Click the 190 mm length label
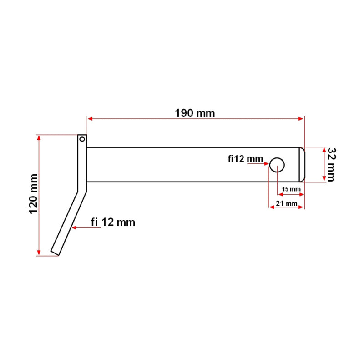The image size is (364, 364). [x=195, y=113]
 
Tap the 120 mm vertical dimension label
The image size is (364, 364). [x=33, y=194]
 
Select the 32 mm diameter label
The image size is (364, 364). [x=331, y=165]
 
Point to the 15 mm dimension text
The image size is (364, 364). [x=291, y=189]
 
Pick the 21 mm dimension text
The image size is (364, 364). [x=287, y=203]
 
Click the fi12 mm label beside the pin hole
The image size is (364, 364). [x=246, y=159]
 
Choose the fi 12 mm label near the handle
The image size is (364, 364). [x=113, y=222]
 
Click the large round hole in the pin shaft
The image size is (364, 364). [x=277, y=165]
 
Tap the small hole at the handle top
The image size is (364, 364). [x=82, y=139]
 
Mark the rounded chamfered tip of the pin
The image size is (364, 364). [x=302, y=165]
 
